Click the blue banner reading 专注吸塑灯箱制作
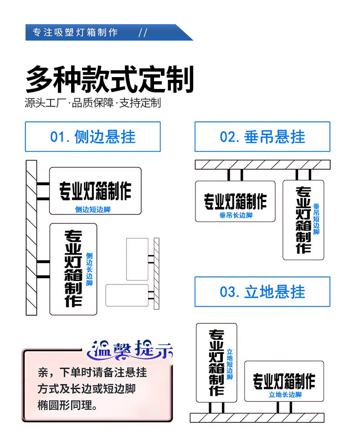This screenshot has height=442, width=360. (76, 32)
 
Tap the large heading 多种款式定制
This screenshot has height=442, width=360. (110, 80)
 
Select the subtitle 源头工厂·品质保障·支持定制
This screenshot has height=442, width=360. (93, 103)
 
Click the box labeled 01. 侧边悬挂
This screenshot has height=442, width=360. (93, 136)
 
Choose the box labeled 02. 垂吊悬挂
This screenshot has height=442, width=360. (262, 136)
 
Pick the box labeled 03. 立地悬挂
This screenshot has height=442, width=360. (262, 291)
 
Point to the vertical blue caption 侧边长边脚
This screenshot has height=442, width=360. (89, 269)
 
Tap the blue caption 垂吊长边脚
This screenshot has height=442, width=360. (236, 215)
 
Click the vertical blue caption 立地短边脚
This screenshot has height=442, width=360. (230, 364)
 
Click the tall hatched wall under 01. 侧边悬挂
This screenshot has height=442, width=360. (31, 237)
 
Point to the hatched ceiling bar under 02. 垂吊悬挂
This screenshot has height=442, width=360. (262, 165)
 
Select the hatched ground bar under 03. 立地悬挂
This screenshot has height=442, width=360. (257, 417)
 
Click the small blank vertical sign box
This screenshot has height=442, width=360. (137, 259)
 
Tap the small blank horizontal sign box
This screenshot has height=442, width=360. (127, 295)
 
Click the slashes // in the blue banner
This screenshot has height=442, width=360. (143, 32)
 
